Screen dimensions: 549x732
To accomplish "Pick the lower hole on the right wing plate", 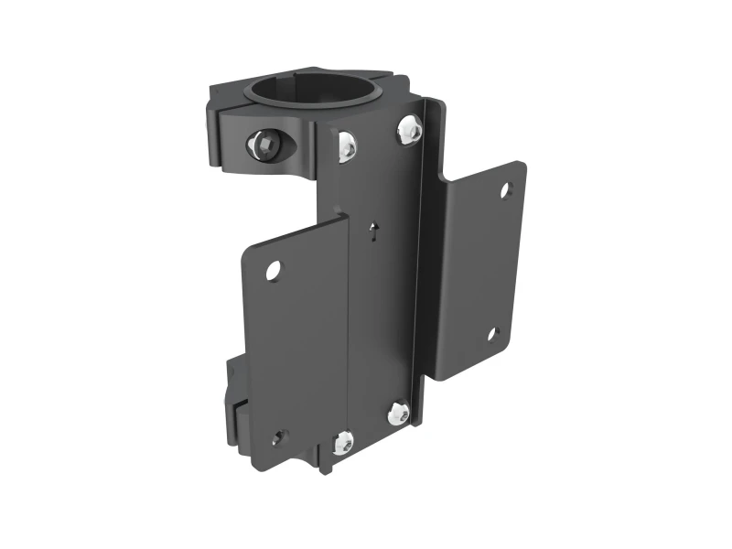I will [491, 334].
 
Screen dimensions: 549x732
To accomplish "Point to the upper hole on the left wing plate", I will [274, 270].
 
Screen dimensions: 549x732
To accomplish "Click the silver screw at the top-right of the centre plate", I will [409, 131].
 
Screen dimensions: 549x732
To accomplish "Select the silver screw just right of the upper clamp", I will [348, 145].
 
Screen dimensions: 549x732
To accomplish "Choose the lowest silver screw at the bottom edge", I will [342, 443].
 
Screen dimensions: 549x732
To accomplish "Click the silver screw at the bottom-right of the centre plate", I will [398, 413].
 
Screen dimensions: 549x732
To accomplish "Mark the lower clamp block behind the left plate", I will [235, 403].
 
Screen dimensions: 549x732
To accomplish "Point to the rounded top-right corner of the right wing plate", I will [519, 167].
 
